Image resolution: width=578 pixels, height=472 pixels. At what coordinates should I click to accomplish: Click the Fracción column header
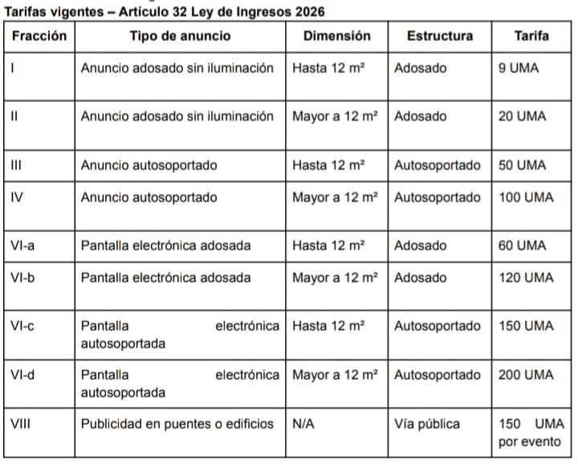tap(39, 36)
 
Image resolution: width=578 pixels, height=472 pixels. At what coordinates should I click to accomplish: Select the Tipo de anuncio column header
tap(180, 36)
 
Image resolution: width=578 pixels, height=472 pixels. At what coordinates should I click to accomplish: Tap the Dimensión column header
tap(337, 36)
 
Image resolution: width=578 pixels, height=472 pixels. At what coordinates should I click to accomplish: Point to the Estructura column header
tap(440, 36)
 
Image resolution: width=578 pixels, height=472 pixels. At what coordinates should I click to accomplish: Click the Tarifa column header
tap(531, 36)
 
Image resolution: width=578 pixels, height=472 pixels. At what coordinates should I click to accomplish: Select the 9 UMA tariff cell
tap(519, 69)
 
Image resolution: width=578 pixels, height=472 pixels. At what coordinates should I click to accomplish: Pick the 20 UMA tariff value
tap(522, 116)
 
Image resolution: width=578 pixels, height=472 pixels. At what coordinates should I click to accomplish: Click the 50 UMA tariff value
tap(522, 165)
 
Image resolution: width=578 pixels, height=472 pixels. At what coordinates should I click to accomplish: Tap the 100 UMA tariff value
tap(526, 197)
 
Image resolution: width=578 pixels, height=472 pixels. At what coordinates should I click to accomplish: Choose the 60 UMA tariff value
tap(522, 246)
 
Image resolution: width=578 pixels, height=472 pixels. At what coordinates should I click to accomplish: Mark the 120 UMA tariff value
tap(526, 278)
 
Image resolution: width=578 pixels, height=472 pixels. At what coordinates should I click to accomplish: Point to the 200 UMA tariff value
tap(526, 375)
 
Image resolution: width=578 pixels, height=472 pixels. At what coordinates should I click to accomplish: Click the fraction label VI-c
tap(23, 326)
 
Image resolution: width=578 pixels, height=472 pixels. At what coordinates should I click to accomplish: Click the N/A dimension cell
tap(303, 423)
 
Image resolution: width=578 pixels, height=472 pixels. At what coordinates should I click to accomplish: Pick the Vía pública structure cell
tap(426, 423)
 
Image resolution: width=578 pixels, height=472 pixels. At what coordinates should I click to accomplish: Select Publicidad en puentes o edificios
tap(177, 423)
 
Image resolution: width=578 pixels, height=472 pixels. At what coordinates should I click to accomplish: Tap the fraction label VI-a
tap(23, 246)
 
